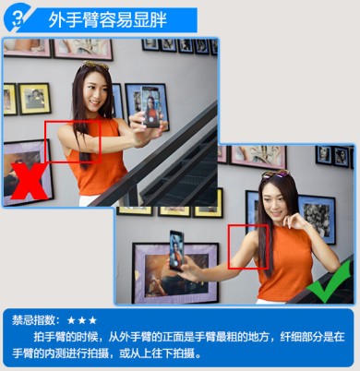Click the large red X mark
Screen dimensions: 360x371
30,182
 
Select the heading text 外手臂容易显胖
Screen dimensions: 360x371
108,20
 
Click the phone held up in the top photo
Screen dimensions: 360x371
150,107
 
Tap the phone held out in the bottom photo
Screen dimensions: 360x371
177,251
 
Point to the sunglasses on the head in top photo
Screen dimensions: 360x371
96,65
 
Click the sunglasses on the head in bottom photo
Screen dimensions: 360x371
276,174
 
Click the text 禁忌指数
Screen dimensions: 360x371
34,320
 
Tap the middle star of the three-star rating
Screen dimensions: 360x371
82,320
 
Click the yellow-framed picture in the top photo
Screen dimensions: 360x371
34,98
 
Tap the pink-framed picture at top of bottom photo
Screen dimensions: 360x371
258,157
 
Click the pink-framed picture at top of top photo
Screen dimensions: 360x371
83,49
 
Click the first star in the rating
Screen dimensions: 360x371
71,320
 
